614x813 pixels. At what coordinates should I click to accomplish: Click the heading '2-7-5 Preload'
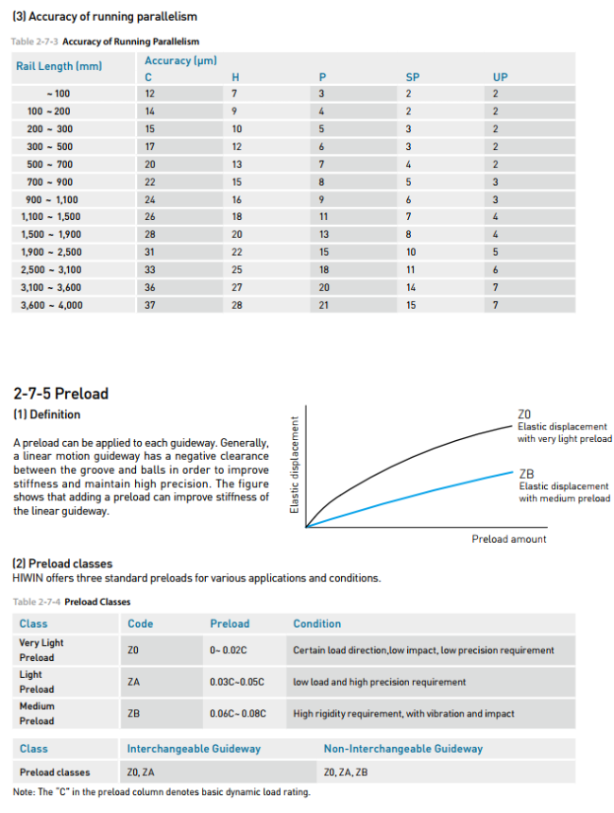(60, 394)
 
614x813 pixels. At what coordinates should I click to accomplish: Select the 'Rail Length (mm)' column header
(59, 66)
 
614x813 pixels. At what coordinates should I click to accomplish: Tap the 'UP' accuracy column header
(500, 76)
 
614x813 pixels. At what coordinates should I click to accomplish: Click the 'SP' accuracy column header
(412, 76)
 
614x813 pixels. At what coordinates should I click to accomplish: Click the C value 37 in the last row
(150, 305)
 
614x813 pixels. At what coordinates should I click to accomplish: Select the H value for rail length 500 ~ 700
(237, 163)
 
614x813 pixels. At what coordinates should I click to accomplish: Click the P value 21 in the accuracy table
(324, 305)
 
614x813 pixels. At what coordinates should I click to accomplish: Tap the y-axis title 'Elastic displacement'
(295, 465)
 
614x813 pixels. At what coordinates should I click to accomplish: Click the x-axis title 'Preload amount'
(508, 539)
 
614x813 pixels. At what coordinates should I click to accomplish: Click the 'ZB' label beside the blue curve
(528, 473)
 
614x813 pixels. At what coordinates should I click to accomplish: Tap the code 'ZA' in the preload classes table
(133, 681)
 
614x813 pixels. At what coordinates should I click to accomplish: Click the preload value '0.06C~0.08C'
(236, 713)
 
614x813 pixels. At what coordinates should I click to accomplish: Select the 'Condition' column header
(316, 623)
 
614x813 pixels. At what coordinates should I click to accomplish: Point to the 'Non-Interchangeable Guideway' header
(402, 749)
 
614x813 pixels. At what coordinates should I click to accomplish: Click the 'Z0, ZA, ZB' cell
(345, 772)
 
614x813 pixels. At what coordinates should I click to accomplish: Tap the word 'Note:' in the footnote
(24, 791)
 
